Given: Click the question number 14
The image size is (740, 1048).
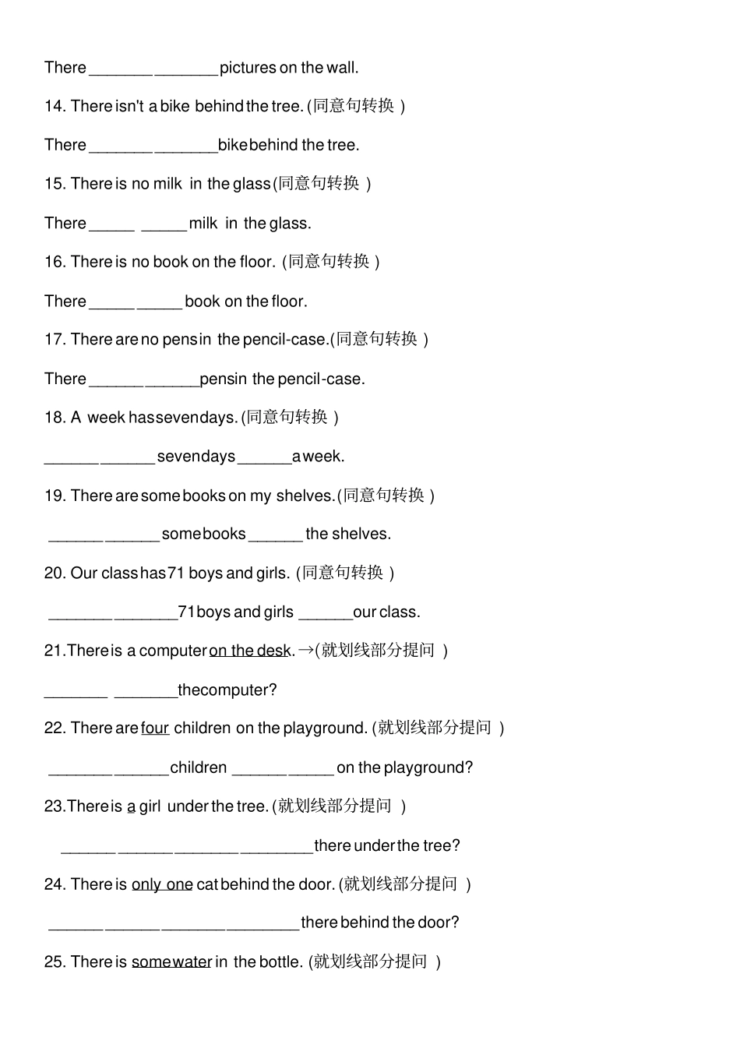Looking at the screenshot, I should click(55, 106).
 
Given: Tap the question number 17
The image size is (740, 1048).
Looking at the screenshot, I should click(55, 340).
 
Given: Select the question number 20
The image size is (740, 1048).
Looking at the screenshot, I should click(55, 573).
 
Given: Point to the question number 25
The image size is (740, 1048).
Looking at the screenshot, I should click(55, 962).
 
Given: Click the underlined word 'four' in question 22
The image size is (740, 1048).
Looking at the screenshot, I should click(155, 729).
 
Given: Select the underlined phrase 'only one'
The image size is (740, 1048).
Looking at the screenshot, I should click(162, 884).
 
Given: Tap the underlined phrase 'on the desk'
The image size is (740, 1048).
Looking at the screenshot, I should click(250, 651).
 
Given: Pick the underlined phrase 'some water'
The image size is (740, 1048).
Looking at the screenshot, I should click(171, 962).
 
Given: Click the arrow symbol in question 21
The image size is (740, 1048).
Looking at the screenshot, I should click(305, 650).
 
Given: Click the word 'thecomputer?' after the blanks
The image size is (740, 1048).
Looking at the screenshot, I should click(227, 690).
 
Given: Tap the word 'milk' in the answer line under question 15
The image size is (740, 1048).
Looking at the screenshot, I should click(203, 224).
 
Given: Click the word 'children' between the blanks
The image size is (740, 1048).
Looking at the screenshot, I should click(199, 768).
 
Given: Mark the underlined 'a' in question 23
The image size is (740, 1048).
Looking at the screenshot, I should click(131, 806).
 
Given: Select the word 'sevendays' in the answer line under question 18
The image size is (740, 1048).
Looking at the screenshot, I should click(196, 457).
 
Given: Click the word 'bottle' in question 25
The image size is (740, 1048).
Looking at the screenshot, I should click(280, 962).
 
